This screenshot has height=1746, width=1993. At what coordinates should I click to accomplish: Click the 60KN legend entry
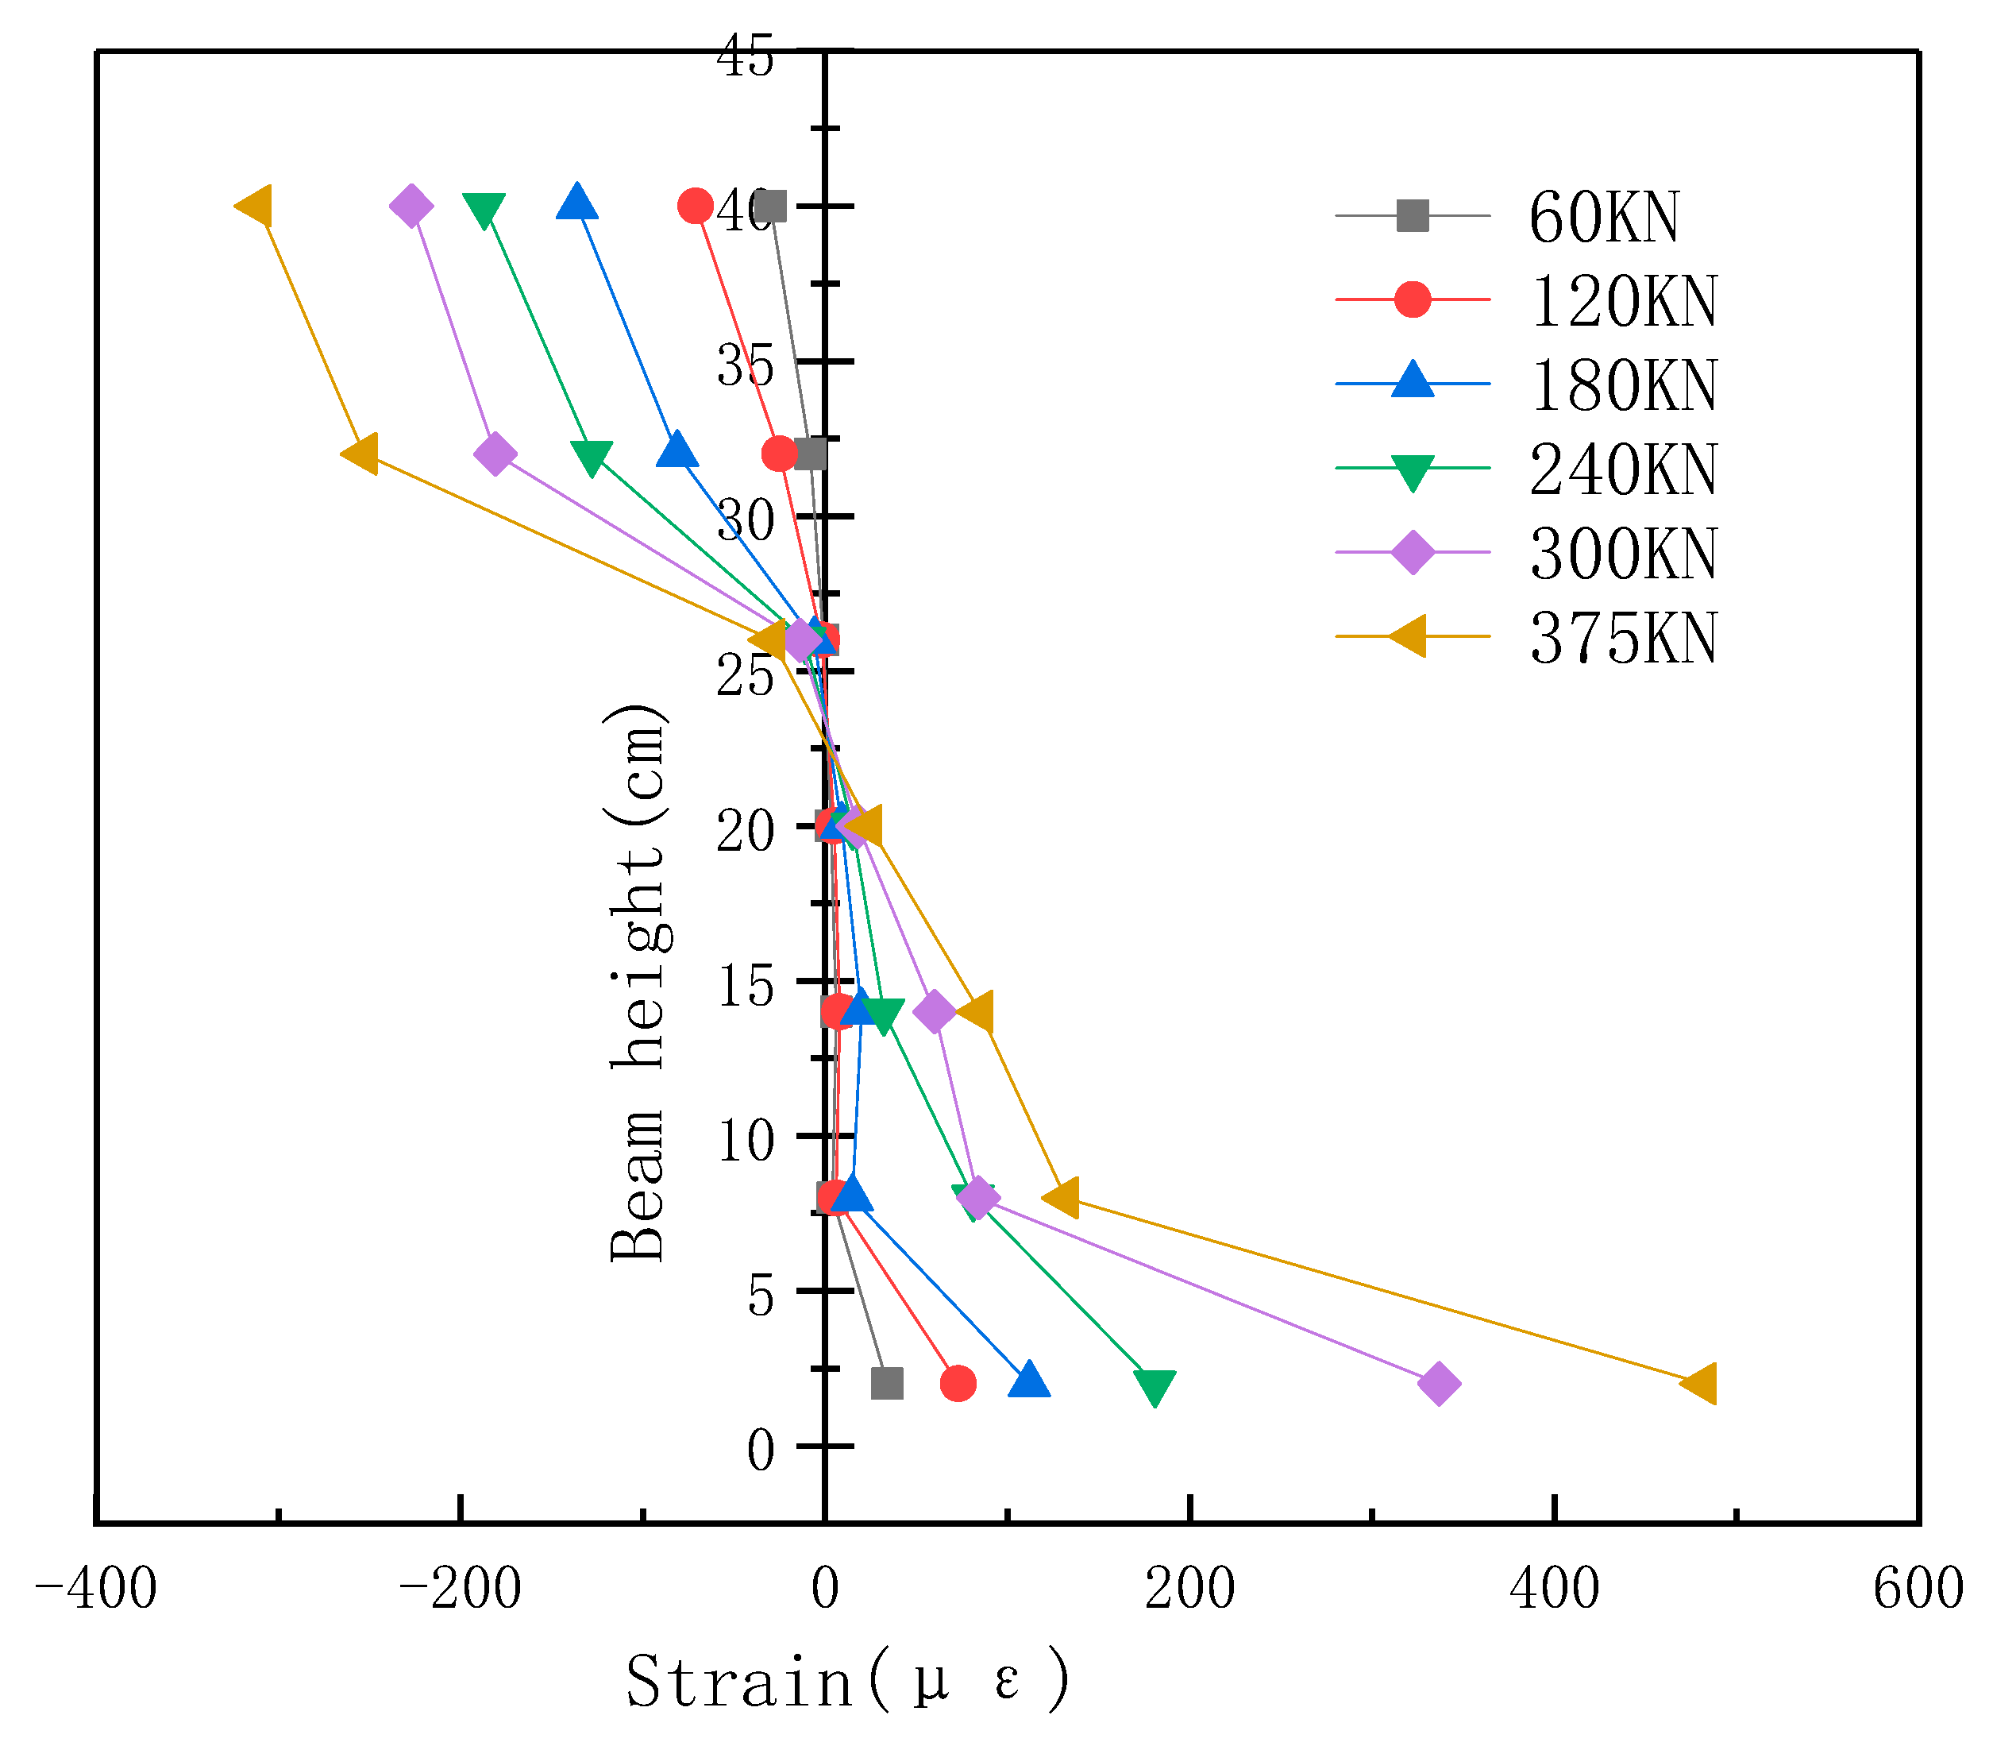[1603, 216]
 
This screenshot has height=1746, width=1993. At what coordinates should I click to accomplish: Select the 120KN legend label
[1623, 300]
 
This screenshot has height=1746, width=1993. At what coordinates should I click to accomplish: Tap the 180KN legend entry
[1623, 384]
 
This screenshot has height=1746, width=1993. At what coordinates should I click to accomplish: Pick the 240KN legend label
[1623, 469]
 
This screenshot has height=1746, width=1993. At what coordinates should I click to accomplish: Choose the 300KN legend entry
[1623, 554]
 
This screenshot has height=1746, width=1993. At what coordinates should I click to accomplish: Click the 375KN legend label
[1623, 637]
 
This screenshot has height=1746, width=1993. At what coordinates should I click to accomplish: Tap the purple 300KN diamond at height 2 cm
[1439, 1384]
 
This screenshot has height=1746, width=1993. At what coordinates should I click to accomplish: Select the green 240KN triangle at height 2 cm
[1155, 1386]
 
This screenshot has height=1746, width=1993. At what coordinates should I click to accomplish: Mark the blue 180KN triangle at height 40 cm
[576, 203]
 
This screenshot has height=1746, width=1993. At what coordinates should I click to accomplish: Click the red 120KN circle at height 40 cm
[696, 206]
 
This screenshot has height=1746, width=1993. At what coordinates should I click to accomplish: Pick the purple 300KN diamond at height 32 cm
[495, 454]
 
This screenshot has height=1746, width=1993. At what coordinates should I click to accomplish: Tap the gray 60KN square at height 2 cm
[886, 1384]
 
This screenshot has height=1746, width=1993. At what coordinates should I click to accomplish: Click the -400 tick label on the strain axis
[95, 1590]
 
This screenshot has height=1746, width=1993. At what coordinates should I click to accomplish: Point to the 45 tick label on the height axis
[745, 56]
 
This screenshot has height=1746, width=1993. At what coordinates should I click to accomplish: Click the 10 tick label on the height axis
[745, 1140]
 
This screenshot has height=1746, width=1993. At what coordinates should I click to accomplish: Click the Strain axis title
[847, 1682]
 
